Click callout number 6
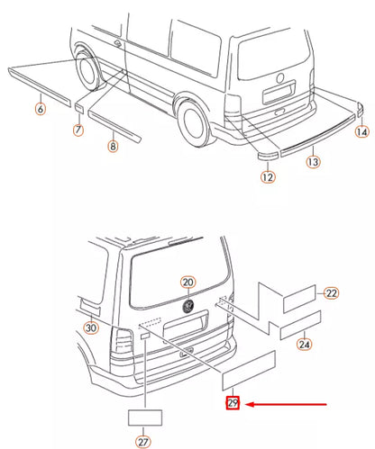click(41, 108)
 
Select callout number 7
click(78, 130)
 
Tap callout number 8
click(113, 147)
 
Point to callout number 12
click(268, 177)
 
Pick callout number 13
click(313, 162)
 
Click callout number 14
click(362, 132)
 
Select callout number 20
click(188, 283)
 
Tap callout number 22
click(332, 293)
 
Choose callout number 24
click(304, 344)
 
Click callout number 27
click(143, 442)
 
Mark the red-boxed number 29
click(233, 403)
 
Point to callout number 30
click(91, 328)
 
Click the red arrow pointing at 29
click(286, 404)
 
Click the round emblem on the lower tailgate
click(188, 306)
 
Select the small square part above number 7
click(78, 109)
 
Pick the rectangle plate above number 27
click(145, 418)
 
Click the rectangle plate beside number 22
click(299, 299)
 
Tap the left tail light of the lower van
click(123, 343)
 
